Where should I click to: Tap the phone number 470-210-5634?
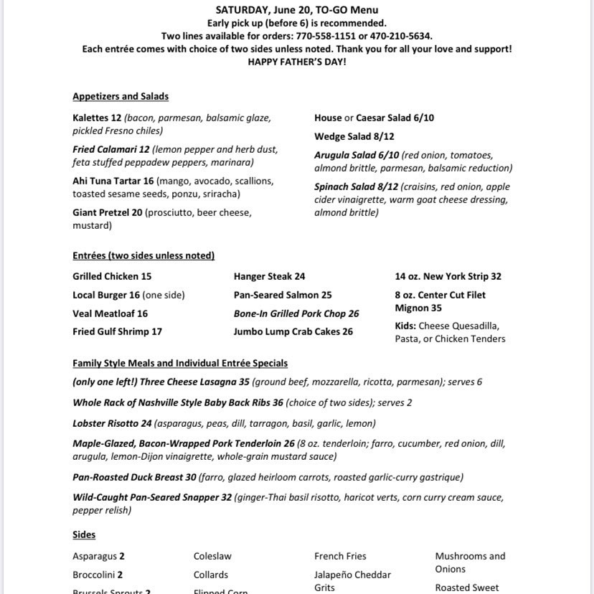[400, 36]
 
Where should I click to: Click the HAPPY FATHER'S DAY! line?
[297, 62]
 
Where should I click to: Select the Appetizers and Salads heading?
[121, 97]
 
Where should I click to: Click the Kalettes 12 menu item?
[97, 118]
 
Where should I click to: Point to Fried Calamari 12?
[110, 150]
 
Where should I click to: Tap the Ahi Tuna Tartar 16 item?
[113, 181]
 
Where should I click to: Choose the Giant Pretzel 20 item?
[108, 212]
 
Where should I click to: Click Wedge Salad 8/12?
[354, 136]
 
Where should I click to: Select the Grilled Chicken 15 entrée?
[112, 276]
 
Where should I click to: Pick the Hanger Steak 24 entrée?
[269, 276]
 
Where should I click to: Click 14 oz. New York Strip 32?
[448, 276]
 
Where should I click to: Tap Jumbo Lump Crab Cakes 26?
[293, 331]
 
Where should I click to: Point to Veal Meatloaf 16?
[110, 313]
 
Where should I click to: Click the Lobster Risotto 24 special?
[112, 423]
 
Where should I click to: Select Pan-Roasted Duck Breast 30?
[134, 477]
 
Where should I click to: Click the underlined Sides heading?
[84, 534]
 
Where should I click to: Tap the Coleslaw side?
[212, 556]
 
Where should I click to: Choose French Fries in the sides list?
[340, 556]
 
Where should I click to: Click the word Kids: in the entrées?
[405, 326]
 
